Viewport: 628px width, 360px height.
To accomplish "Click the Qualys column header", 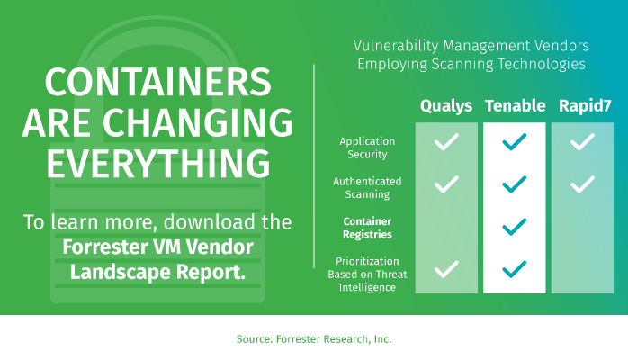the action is (446, 106).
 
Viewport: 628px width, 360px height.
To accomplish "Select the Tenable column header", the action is (515, 105).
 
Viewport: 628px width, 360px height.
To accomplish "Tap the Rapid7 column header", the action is (585, 105).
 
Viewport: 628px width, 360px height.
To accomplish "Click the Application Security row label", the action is (367, 148).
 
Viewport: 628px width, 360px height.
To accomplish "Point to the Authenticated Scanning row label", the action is (367, 188).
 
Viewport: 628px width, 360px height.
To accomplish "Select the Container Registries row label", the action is (367, 228).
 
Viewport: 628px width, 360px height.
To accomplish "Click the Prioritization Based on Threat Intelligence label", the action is (367, 274).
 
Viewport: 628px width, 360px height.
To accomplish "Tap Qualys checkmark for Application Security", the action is (446, 142).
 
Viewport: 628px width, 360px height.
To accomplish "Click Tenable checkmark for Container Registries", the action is (515, 227).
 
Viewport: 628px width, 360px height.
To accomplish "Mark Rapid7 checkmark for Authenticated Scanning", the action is (582, 184).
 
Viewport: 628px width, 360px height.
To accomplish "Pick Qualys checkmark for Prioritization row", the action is (446, 269).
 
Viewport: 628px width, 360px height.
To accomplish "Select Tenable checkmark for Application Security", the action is (515, 142).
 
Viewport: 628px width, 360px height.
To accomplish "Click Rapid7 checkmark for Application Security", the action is (582, 142).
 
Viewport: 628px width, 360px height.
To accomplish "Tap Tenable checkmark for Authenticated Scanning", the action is (515, 184).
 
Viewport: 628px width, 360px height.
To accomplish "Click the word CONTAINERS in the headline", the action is (158, 82).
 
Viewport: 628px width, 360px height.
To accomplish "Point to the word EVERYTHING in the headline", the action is (158, 163).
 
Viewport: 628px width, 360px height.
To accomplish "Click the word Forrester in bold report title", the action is (104, 247).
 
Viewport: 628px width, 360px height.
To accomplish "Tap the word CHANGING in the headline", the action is (198, 122).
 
